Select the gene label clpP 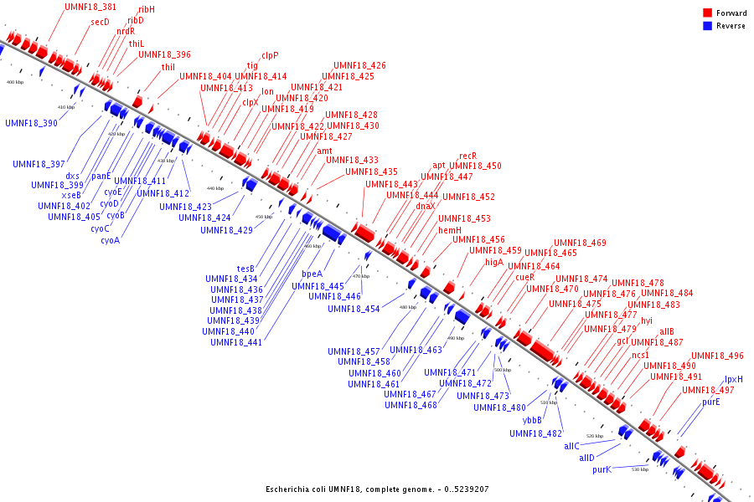pos(270,55)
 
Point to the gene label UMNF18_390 pos(31,123)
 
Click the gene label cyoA pos(110,240)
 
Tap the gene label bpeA pos(312,274)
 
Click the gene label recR pos(467,156)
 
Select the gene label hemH pos(450,230)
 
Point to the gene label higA pos(494,262)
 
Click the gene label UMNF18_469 pos(580,243)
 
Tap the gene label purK pos(602,469)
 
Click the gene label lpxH pos(734,379)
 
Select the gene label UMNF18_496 pos(716,356)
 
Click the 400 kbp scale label pos(15,82)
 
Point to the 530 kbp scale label pos(640,469)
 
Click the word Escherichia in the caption pos(289,489)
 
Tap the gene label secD pos(101,23)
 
